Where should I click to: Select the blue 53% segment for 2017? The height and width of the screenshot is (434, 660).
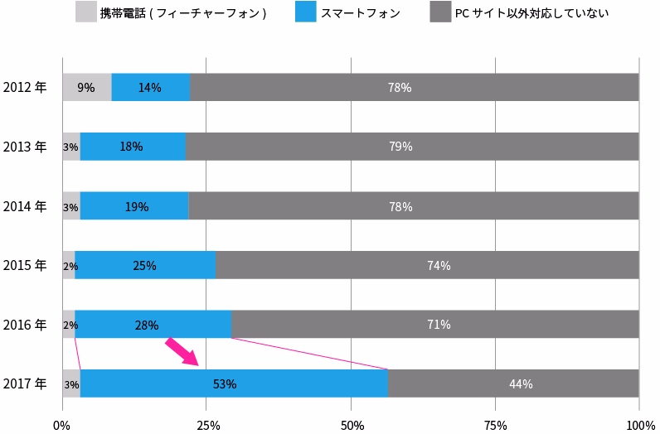point(234,383)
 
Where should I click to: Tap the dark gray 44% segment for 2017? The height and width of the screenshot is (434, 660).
point(513,383)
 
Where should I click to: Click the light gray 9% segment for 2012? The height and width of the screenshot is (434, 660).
point(86,88)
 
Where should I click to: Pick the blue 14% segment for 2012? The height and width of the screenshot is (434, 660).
point(151,88)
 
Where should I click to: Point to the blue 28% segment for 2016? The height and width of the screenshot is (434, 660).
point(153,325)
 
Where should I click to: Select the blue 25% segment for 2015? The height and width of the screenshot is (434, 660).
point(144,266)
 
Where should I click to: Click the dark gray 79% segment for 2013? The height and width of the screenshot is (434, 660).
point(412,147)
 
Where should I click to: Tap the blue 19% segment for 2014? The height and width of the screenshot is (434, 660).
point(134,206)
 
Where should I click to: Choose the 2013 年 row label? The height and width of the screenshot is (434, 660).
point(25,147)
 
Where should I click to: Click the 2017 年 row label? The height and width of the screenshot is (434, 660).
point(25,383)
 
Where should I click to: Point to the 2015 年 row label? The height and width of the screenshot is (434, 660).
point(25,266)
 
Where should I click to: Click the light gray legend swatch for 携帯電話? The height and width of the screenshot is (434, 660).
point(85,12)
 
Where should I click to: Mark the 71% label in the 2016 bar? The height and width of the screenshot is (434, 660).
point(439,325)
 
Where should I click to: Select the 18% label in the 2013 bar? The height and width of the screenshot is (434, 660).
point(131,147)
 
